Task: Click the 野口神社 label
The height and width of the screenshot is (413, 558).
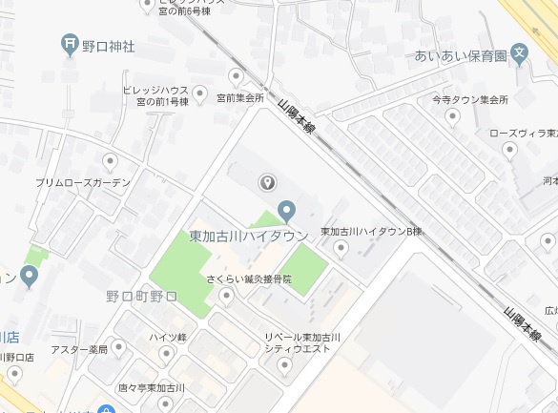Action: [x=109, y=45]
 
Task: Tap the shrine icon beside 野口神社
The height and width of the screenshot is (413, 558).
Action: [x=70, y=44]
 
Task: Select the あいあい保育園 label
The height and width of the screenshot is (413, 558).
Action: [x=459, y=56]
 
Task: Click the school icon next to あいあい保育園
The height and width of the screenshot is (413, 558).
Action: [x=519, y=54]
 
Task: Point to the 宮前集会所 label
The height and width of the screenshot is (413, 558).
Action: [x=239, y=97]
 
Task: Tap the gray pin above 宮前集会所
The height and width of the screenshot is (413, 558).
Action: [x=237, y=76]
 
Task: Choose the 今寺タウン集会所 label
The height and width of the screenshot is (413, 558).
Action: [x=469, y=99]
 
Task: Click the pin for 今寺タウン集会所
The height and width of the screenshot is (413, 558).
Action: [x=453, y=116]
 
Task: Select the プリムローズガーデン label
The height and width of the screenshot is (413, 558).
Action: [x=83, y=181]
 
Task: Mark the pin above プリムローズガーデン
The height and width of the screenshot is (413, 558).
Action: [x=111, y=161]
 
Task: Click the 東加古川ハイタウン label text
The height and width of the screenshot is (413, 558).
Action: [x=248, y=235]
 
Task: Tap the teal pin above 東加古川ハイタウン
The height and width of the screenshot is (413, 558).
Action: [x=285, y=211]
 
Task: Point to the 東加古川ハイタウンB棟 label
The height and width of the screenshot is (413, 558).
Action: [x=370, y=232]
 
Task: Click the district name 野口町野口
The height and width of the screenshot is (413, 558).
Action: [x=141, y=297]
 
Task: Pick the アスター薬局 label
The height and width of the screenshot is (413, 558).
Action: [x=79, y=349]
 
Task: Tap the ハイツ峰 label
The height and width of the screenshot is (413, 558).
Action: [x=167, y=338]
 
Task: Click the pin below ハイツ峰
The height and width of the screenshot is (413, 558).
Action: [x=166, y=355]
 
